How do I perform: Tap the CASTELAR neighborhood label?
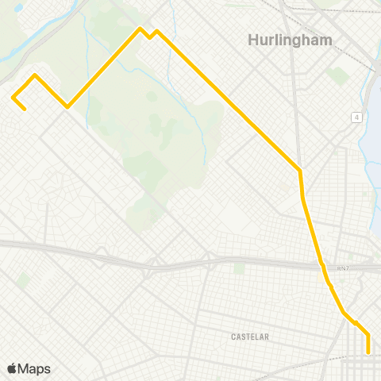[250, 337]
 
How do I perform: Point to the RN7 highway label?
[342, 268]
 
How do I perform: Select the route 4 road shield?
[357, 117]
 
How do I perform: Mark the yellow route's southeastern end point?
[368, 352]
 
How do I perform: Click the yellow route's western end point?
[25, 109]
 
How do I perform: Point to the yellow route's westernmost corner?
[13, 97]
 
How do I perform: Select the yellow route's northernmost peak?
[140, 29]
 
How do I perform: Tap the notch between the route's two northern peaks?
[148, 37]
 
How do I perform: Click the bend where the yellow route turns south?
[300, 170]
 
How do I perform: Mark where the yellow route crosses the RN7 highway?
[321, 264]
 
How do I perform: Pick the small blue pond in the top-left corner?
[17, 7]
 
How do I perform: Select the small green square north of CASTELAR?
[238, 268]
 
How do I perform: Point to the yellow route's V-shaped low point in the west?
[67, 106]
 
